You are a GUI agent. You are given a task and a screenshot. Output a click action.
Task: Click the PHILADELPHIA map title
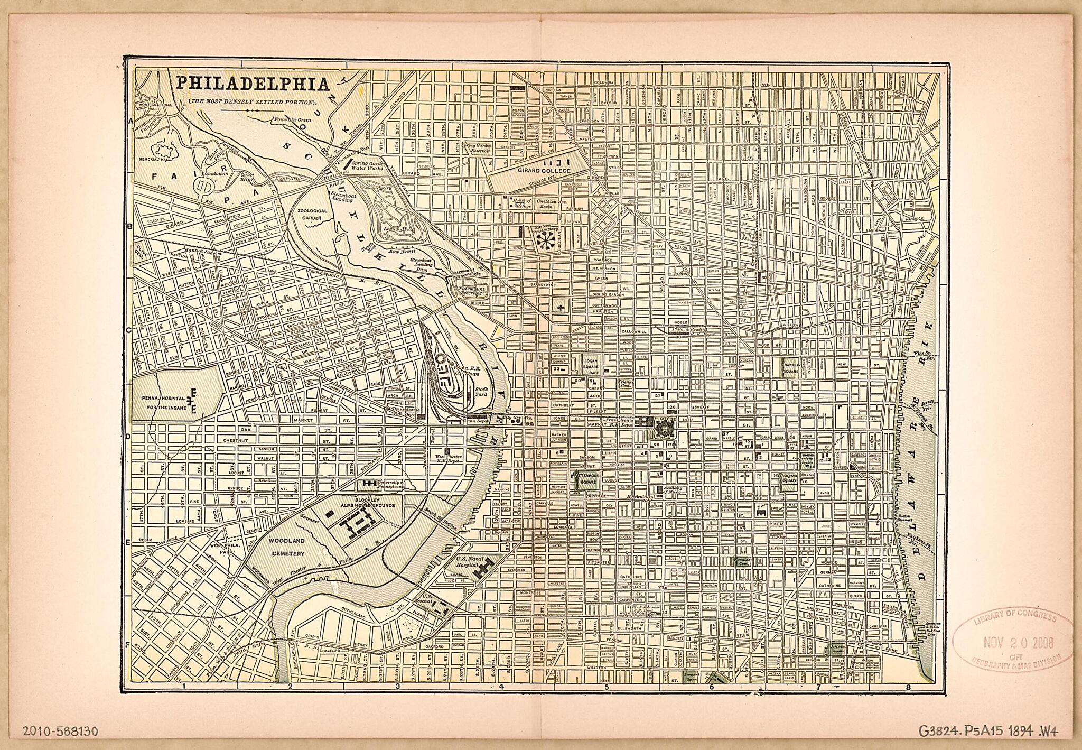[252, 84]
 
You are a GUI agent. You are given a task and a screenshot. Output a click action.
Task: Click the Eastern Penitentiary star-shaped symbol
[544, 240]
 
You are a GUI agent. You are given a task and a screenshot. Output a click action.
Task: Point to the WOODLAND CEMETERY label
[286, 547]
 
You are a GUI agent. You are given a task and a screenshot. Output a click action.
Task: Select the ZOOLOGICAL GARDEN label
[313, 214]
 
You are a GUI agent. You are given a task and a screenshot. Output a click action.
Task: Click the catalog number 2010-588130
[61, 731]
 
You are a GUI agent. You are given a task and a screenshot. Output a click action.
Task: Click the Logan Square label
[590, 364]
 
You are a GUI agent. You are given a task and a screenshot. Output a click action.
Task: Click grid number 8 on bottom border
[908, 688]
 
